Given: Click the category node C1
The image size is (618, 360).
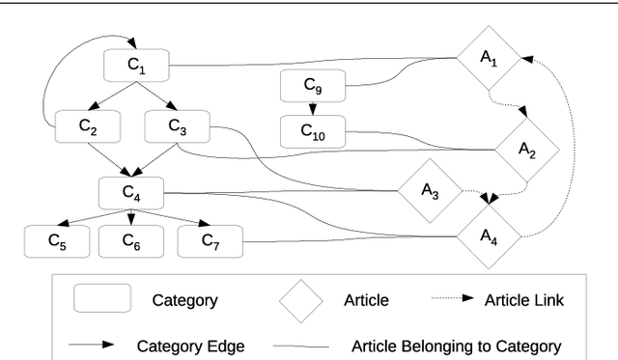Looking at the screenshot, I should click(x=137, y=67).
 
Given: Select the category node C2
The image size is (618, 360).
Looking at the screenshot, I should click(x=87, y=125).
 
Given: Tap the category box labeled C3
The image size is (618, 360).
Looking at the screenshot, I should click(x=177, y=125).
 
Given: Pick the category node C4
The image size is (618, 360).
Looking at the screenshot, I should click(x=131, y=191).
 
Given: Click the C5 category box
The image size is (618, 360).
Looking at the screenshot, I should click(x=56, y=241).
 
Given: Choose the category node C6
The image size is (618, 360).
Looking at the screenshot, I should click(x=131, y=241).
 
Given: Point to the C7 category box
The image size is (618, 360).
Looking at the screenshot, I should click(x=209, y=241).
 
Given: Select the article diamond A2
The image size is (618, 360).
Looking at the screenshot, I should click(x=527, y=149).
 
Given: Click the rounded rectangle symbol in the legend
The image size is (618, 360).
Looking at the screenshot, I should click(x=104, y=300).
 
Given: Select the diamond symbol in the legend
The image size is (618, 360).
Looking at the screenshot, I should click(x=302, y=300).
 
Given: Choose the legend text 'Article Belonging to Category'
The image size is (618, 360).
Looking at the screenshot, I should click(x=456, y=345).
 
